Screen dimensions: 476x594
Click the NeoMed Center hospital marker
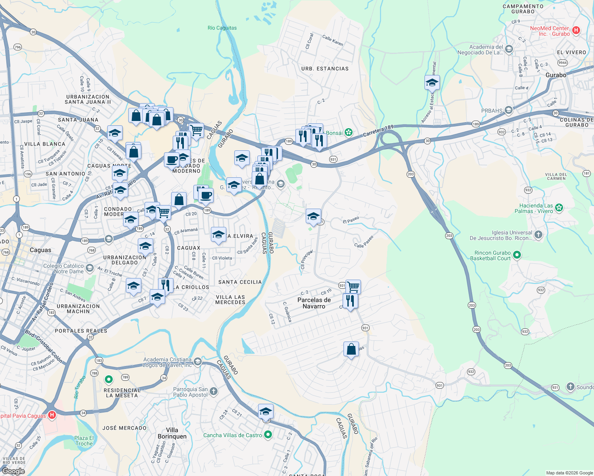pyautogui.click(x=576, y=30)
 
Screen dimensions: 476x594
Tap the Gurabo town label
pyautogui.click(x=555, y=75)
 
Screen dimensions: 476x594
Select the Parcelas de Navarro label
pyautogui.click(x=314, y=303)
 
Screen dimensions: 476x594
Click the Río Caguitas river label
pyautogui.click(x=222, y=28)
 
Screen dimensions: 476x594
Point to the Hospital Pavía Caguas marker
pyautogui.click(x=52, y=415)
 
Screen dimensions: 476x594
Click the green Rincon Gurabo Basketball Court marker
pyautogui.click(x=517, y=255)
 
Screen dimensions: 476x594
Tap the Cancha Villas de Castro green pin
pyautogui.click(x=268, y=435)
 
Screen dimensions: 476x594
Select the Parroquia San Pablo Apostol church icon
pyautogui.click(x=213, y=392)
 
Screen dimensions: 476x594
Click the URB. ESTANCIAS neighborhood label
pyautogui.click(x=325, y=69)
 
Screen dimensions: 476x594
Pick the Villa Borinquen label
pyautogui.click(x=172, y=433)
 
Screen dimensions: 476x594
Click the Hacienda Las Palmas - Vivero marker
pyautogui.click(x=559, y=207)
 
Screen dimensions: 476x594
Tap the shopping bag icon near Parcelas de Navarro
pyautogui.click(x=351, y=349)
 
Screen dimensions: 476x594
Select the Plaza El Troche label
pyautogui.click(x=84, y=441)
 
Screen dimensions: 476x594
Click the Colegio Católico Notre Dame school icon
pyautogui.click(x=90, y=269)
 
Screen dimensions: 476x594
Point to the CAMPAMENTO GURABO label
pyautogui.click(x=523, y=9)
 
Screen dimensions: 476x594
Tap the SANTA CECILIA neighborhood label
pyautogui.click(x=240, y=282)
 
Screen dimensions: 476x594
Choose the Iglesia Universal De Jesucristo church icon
pyautogui.click(x=538, y=235)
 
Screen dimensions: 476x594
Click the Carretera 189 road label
pyautogui.click(x=378, y=131)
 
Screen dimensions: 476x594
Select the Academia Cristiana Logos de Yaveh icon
pyautogui.click(x=198, y=362)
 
